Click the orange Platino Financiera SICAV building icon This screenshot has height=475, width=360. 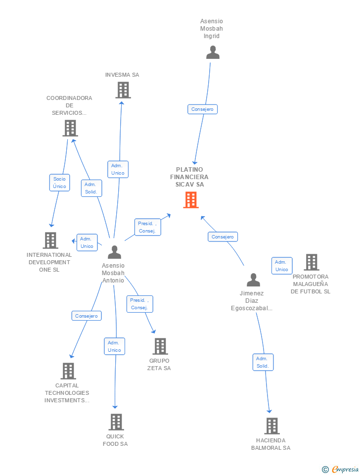point(191,200)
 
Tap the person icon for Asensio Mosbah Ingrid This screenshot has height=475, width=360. point(213,52)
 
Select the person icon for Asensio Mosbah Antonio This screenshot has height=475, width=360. point(114,252)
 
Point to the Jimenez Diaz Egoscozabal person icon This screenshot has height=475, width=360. point(253,280)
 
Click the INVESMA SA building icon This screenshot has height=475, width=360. point(123,90)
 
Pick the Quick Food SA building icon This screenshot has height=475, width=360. point(116,422)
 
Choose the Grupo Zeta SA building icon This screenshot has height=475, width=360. point(160,346)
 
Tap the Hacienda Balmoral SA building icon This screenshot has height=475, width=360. point(272,426)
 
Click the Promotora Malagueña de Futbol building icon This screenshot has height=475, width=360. point(312,262)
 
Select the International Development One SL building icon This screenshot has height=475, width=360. point(50,240)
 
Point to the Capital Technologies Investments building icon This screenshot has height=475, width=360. point(68,371)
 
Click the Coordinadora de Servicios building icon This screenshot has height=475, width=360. point(70,128)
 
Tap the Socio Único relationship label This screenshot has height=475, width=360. point(60,183)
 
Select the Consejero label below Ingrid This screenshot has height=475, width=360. point(202,109)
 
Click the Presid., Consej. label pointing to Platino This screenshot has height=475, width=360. point(147,227)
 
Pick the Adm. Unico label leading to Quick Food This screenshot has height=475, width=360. point(114,346)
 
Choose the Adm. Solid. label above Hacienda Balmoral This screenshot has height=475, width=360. point(263,362)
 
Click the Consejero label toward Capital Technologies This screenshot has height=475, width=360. point(86,316)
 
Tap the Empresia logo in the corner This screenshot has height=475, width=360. point(341,469)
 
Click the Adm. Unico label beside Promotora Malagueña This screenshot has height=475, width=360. point(282,266)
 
